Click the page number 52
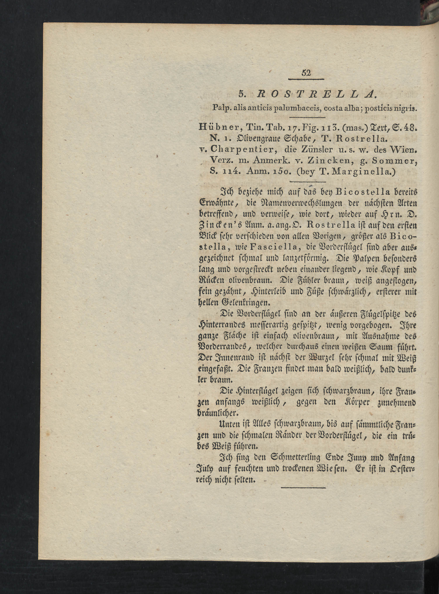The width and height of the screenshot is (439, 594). (x=306, y=73)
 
